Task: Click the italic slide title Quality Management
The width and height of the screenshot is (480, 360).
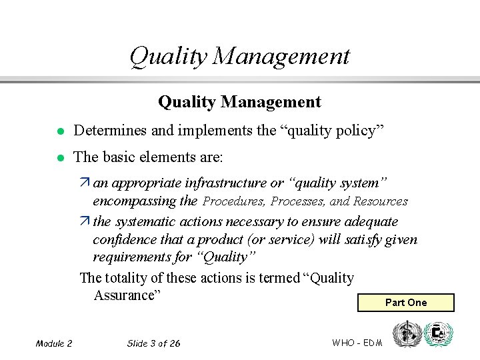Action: pos(239,56)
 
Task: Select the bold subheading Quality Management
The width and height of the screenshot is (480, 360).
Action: pos(239,102)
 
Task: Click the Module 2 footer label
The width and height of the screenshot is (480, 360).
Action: pos(54,343)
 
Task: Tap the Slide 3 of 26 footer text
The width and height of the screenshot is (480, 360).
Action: pos(153,343)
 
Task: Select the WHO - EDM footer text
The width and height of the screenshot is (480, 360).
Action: pos(357,343)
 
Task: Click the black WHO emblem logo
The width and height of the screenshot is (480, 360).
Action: pos(406,333)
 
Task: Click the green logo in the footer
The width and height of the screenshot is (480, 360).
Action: pos(438,333)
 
